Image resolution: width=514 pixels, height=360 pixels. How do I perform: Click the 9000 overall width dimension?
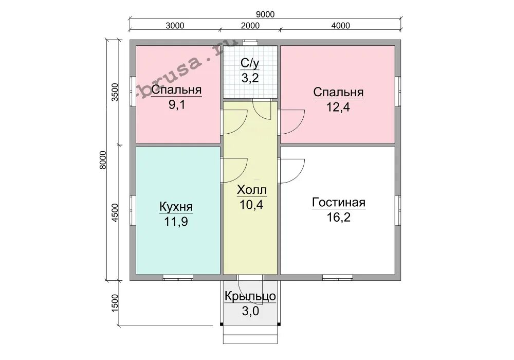click(265, 14)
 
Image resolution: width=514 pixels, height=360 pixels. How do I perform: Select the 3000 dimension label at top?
click(175, 26)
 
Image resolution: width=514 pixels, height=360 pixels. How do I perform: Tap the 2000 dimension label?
click(250, 26)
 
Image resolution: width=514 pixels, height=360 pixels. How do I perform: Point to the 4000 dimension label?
click(341, 26)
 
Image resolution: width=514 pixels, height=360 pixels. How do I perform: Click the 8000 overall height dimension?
click(103, 160)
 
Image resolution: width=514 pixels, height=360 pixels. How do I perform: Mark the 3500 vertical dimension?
click(115, 93)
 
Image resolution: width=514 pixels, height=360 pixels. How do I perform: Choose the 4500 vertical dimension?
click(115, 213)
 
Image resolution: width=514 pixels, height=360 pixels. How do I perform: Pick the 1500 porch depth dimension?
click(115, 303)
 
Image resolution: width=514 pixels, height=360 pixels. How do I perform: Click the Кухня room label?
click(176, 207)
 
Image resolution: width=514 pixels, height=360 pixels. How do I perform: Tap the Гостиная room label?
click(339, 202)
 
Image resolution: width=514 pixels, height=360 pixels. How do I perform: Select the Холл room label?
click(252, 190)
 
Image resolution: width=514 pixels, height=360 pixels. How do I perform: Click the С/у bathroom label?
click(250, 63)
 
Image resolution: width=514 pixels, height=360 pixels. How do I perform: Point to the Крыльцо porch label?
click(250, 296)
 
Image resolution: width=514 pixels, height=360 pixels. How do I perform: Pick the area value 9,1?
click(177, 105)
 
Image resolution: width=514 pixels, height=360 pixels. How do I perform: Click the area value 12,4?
click(338, 107)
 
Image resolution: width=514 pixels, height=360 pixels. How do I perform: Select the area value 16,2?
click(339, 218)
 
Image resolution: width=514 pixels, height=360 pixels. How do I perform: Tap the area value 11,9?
click(176, 222)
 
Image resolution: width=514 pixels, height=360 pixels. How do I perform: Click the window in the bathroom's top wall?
click(250, 42)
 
